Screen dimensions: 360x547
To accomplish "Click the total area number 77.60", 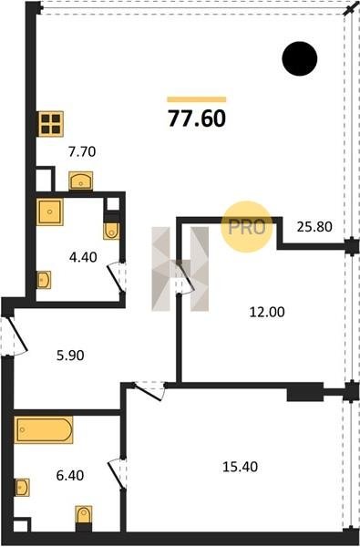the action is coord(197,119).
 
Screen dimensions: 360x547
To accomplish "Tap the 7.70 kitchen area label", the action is coord(82,152).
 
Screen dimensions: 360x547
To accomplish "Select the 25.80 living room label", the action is coord(314,227).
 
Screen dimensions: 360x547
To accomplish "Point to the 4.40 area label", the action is coord(83,257).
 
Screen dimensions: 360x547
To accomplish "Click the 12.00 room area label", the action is coord(267,312).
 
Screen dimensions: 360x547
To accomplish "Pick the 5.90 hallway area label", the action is coord(70,356).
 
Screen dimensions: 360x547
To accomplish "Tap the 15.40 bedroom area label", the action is coord(241,467).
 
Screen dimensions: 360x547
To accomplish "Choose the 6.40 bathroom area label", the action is coord(70,476).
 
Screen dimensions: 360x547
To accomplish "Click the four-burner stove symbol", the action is coord(50,124).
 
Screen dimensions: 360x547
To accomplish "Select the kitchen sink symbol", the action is coord(80,181).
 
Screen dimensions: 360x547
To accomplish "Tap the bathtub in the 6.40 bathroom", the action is coord(44,429).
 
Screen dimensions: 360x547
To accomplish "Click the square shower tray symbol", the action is coord(50,212).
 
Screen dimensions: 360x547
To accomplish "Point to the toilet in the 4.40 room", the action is coord(111,229).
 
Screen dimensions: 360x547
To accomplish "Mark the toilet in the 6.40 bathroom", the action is coord(84,516).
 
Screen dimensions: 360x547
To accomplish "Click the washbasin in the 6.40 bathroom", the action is coord(22,488).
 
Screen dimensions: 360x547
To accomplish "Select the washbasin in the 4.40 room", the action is coord(44,280).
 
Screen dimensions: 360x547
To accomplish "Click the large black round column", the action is coord(300,58).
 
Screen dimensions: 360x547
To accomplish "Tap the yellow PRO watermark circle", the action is coord(247,227).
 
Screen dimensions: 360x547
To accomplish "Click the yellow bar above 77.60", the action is coord(197,99).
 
